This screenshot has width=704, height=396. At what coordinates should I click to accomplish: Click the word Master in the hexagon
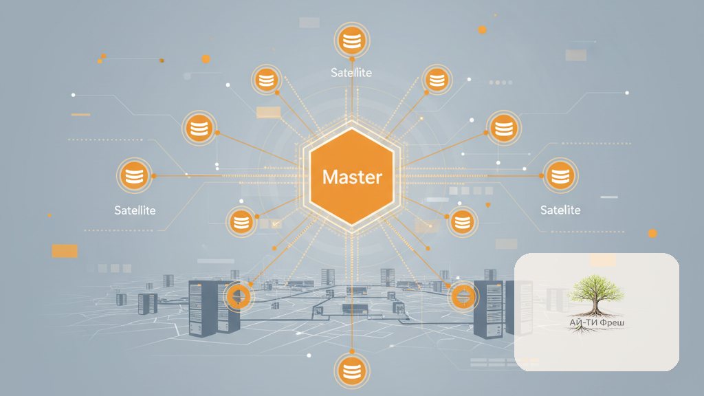tap(352, 177)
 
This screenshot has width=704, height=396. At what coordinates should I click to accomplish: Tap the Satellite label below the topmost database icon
tap(351, 72)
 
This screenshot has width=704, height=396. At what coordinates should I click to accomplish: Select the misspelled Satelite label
tap(560, 210)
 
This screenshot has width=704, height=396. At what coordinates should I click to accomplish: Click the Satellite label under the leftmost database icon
tap(135, 210)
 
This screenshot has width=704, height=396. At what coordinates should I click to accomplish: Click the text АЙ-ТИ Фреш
tap(597, 322)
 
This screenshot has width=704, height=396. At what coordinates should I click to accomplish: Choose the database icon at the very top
tap(352, 41)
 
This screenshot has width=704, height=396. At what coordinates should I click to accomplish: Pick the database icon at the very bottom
tap(352, 371)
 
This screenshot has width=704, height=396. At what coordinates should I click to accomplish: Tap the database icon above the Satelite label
tap(560, 175)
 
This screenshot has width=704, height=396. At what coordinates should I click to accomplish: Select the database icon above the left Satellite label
tap(134, 175)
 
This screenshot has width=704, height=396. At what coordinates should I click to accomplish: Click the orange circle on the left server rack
tap(239, 296)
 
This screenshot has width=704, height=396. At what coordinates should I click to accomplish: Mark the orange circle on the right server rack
tap(463, 296)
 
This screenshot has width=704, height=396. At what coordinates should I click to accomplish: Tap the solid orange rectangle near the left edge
tap(65, 251)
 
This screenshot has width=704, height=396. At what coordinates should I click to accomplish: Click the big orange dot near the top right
tap(482, 30)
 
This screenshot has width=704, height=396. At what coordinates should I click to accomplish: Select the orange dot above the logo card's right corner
tap(652, 234)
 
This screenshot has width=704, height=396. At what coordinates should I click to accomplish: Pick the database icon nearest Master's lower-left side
tap(241, 222)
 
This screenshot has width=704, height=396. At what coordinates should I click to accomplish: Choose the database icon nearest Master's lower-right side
tap(463, 222)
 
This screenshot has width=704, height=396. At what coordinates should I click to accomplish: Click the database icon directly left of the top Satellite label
tap(266, 80)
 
